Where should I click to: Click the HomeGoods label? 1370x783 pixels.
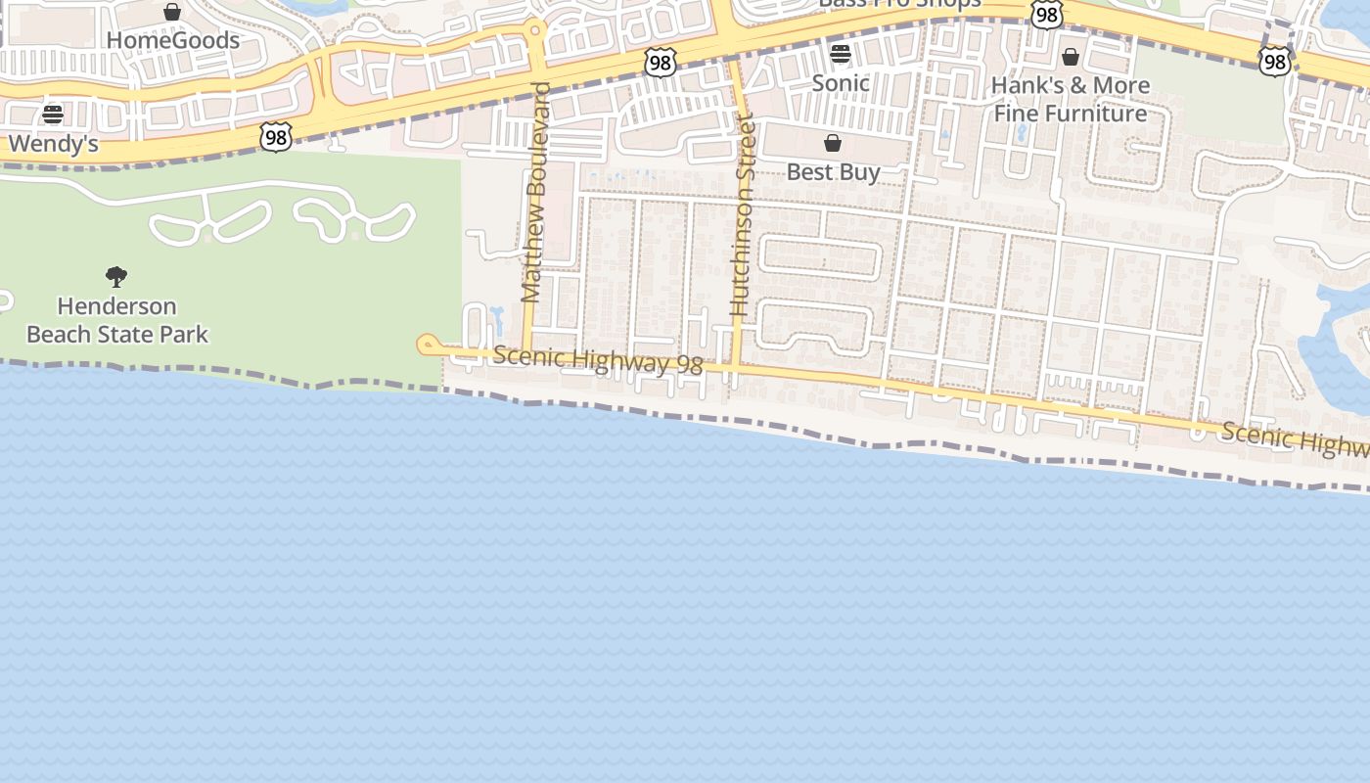click(x=172, y=40)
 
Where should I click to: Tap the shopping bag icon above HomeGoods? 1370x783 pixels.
click(x=172, y=12)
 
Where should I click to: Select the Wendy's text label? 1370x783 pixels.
click(x=53, y=144)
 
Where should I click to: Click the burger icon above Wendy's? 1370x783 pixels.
click(x=53, y=115)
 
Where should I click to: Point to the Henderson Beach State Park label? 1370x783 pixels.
click(x=117, y=320)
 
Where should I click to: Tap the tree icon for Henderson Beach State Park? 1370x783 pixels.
click(x=116, y=277)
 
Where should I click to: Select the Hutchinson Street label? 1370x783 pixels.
click(x=742, y=215)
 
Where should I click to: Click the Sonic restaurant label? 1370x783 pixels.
click(x=841, y=82)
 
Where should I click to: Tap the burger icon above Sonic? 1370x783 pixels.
click(x=841, y=54)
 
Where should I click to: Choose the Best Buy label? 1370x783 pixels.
click(x=834, y=172)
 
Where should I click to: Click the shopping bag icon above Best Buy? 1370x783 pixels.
click(x=833, y=144)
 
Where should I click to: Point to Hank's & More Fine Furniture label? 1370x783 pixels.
click(x=1071, y=99)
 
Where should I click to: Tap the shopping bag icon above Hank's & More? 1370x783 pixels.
click(x=1071, y=57)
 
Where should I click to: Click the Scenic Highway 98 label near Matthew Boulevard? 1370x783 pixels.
click(x=598, y=359)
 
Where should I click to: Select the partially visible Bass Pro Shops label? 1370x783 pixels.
click(x=899, y=4)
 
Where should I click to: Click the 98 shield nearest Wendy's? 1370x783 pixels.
click(x=276, y=137)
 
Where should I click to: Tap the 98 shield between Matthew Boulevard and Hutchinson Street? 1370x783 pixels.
click(x=661, y=63)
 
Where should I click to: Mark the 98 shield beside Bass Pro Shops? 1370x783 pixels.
click(x=1047, y=14)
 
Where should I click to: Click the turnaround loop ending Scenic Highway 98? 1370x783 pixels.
click(x=427, y=345)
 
